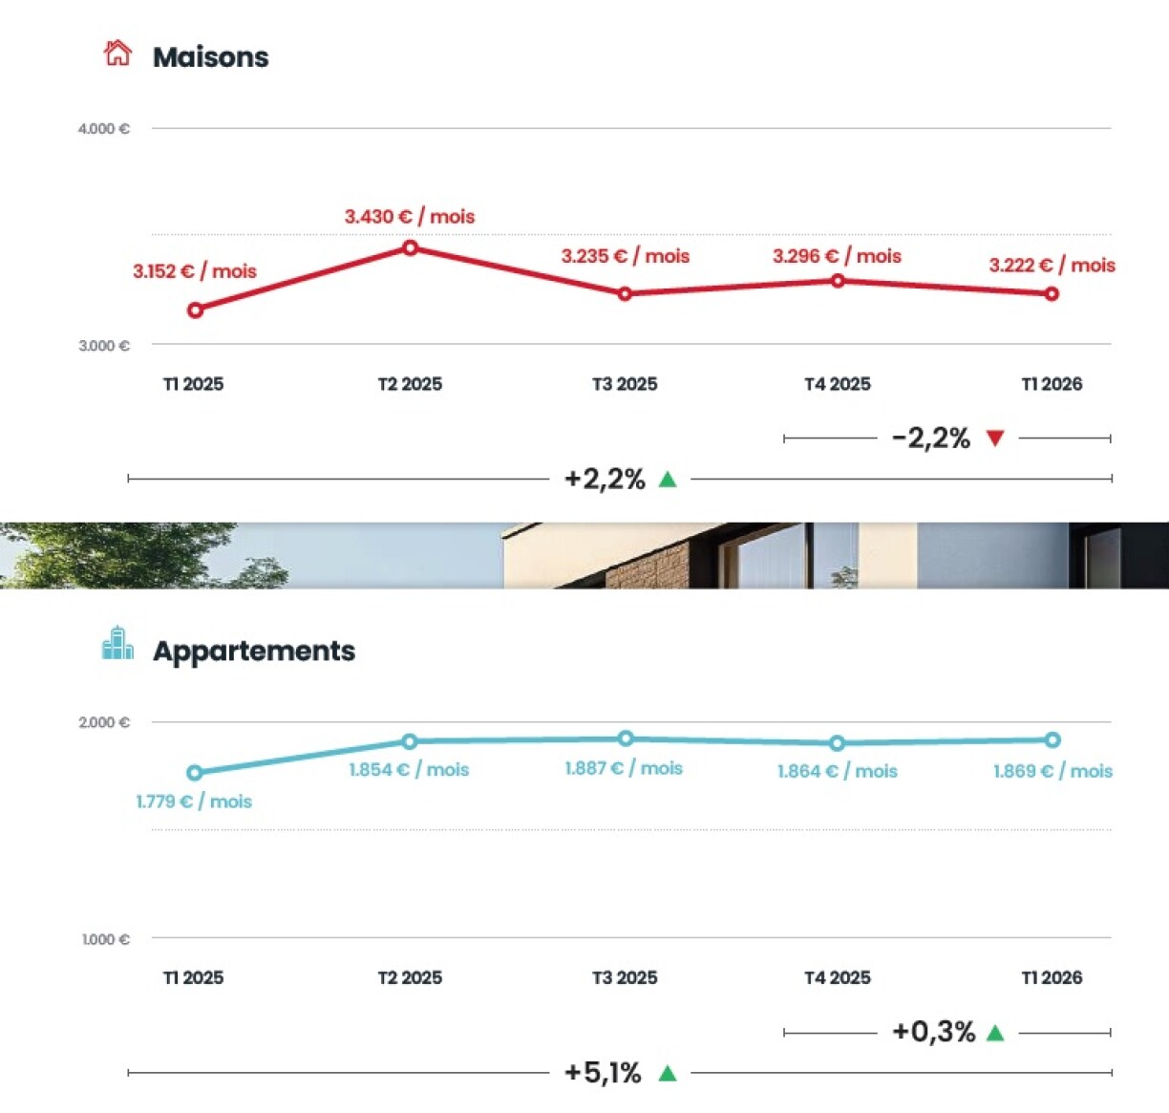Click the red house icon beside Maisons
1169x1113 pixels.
click(x=117, y=54)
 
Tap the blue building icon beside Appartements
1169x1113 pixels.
click(x=117, y=644)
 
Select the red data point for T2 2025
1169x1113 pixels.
click(x=410, y=248)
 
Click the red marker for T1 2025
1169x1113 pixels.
click(x=195, y=310)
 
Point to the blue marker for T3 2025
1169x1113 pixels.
click(x=626, y=738)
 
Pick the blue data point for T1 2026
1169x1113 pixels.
click(x=1052, y=739)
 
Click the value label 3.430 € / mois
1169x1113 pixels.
click(x=410, y=217)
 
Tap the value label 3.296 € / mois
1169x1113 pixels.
click(x=837, y=256)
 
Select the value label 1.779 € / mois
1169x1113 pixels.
click(x=194, y=802)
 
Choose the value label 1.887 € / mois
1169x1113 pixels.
click(x=624, y=768)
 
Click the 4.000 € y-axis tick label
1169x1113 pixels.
click(x=103, y=129)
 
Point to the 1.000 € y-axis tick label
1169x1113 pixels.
click(x=105, y=940)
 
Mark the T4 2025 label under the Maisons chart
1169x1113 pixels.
click(x=838, y=384)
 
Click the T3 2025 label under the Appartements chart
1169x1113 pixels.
click(x=625, y=978)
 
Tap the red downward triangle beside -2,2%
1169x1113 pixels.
click(x=995, y=439)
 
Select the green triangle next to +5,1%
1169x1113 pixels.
click(x=668, y=1074)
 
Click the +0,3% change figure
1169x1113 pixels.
click(x=933, y=1032)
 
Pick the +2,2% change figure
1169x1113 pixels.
click(x=605, y=479)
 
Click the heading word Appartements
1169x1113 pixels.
click(x=254, y=651)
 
